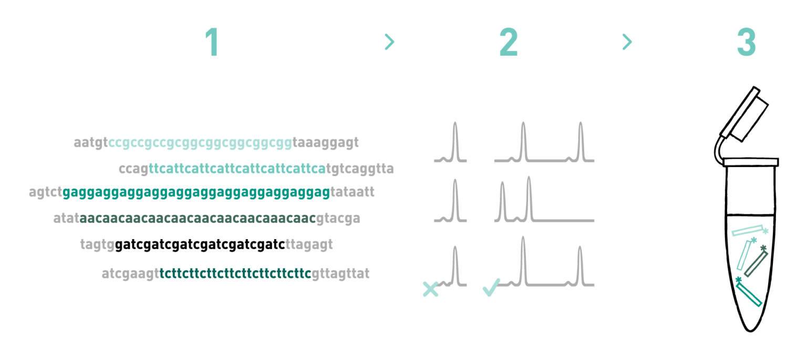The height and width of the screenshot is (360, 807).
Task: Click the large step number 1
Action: click(212, 43)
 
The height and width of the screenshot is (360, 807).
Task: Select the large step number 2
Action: click(508, 43)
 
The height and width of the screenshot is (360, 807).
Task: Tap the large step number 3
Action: click(746, 43)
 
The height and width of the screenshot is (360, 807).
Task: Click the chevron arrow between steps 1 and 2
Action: click(389, 42)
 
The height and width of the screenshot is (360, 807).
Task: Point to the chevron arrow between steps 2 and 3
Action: click(627, 42)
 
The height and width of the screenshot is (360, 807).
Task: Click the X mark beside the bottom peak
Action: click(430, 289)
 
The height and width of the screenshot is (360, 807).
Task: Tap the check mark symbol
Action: click(491, 287)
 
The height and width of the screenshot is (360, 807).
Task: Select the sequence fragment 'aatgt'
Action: click(90, 143)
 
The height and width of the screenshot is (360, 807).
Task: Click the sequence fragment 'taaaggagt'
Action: click(326, 143)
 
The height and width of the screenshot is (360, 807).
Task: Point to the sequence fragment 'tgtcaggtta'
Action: click(360, 169)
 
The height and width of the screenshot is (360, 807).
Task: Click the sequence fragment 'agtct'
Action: click(45, 192)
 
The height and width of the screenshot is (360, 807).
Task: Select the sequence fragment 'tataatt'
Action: click(353, 192)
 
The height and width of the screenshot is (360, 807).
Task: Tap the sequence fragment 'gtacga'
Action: click(338, 219)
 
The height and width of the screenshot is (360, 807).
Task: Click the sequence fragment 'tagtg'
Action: click(97, 245)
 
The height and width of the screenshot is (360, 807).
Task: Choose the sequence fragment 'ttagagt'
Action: click(309, 245)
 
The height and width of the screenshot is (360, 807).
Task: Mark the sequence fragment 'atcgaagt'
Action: click(130, 274)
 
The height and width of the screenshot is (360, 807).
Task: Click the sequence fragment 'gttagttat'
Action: click(341, 274)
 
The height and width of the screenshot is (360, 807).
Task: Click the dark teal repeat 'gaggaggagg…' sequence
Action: click(196, 192)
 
